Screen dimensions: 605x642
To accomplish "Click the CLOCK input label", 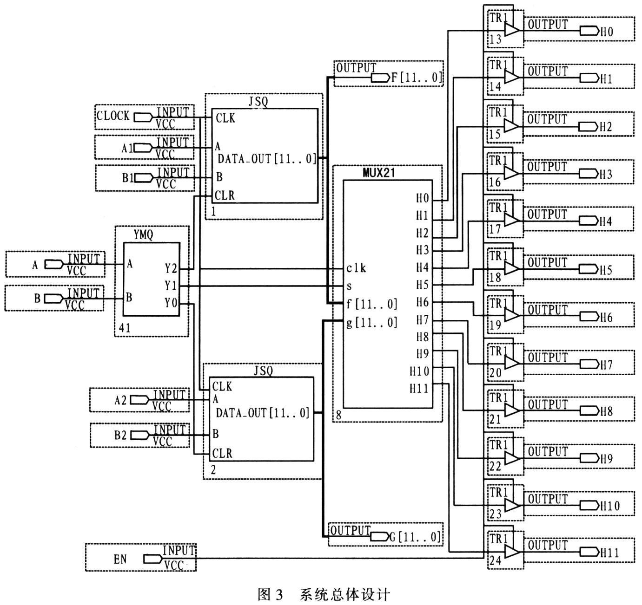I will coord(113,116).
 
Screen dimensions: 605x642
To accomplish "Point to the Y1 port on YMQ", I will coord(171,286).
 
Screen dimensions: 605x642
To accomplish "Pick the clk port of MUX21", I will coord(356,268).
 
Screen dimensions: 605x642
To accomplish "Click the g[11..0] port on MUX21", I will coord(371,322).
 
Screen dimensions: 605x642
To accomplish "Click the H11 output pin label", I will coord(609,553).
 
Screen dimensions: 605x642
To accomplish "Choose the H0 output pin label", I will coord(607,32).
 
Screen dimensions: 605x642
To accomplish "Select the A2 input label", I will coord(120,399).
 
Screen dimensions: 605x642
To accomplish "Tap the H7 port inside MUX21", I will coord(422,320).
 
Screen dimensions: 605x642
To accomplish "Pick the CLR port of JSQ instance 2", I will coord(222,453).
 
